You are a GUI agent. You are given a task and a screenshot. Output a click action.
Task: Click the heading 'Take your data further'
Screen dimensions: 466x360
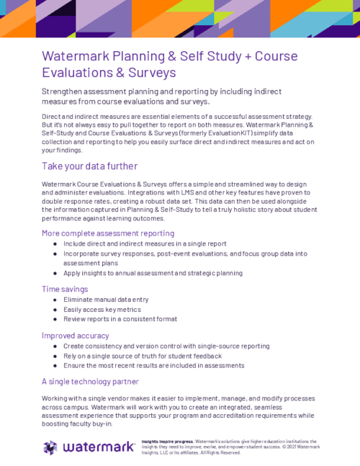pyautogui.click(x=89, y=166)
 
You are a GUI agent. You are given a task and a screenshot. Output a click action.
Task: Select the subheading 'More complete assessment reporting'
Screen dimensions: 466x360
pyautogui.click(x=108, y=233)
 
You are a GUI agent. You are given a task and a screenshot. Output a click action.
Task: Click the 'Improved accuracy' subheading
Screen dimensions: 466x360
pyautogui.click(x=76, y=336)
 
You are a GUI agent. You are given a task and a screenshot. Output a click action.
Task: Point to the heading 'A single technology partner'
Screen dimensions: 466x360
pyautogui.click(x=90, y=381)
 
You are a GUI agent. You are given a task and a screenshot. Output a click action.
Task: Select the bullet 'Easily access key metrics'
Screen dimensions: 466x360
pyautogui.click(x=102, y=309)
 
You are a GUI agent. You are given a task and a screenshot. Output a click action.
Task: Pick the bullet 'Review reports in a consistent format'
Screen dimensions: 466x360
pyautogui.click(x=120, y=319)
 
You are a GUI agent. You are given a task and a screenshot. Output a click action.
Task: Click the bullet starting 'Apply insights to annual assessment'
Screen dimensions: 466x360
pyautogui.click(x=153, y=273)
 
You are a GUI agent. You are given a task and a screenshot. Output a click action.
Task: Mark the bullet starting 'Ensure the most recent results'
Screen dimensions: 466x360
pyautogui.click(x=153, y=366)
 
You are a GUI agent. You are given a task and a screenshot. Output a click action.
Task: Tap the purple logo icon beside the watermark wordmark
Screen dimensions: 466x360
pyautogui.click(x=50, y=447)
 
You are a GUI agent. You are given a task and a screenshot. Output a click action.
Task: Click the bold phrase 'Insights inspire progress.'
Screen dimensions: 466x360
pyautogui.click(x=168, y=440)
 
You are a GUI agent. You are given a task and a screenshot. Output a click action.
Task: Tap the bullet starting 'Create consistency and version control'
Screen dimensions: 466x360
pyautogui.click(x=165, y=346)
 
